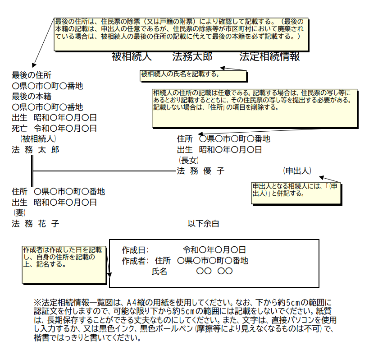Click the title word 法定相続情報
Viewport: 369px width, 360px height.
click(269, 57)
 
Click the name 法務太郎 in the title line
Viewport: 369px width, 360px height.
click(192, 57)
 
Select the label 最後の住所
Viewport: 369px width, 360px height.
click(32, 75)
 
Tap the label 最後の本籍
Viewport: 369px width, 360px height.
click(32, 96)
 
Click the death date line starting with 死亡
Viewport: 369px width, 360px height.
click(54, 129)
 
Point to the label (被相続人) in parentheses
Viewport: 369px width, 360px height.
click(38, 138)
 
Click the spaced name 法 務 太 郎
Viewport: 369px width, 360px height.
click(35, 150)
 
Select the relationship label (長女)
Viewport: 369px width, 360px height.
click(189, 160)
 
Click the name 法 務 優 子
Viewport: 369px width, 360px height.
click(200, 171)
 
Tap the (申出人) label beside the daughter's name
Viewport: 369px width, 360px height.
click(297, 171)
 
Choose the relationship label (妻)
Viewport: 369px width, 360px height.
click(19, 212)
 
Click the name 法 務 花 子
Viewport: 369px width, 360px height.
click(35, 223)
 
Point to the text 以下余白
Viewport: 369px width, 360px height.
click(203, 223)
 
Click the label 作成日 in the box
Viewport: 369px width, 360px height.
click(135, 249)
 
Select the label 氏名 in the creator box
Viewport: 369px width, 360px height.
click(159, 272)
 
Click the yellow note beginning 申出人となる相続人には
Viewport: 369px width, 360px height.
click(296, 193)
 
